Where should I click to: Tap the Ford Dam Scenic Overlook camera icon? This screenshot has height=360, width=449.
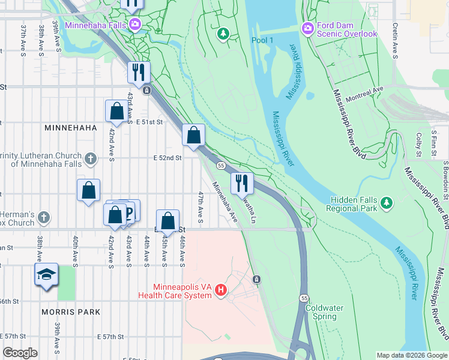click(308, 28)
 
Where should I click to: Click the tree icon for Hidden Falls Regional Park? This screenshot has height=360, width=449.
click(387, 202)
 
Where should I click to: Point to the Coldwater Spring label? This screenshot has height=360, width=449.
click(324, 312)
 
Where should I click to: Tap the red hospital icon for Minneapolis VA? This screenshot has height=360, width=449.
click(220, 291)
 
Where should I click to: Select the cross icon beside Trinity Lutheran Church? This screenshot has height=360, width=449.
click(90, 158)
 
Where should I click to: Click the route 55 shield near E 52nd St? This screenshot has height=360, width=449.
click(221, 165)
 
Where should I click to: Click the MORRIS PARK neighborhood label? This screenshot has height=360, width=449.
click(67, 312)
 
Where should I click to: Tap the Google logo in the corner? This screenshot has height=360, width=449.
click(20, 353)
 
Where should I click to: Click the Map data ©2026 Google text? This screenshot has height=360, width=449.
click(411, 355)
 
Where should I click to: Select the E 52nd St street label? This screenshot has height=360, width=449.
click(167, 158)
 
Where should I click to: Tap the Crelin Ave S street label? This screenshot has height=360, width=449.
click(395, 42)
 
